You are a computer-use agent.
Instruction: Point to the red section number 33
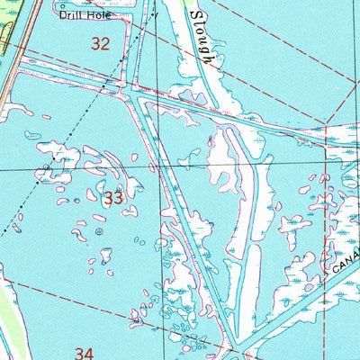click(112, 199)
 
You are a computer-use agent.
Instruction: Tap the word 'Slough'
click(203, 40)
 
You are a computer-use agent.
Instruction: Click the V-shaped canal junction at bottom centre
click(231, 346)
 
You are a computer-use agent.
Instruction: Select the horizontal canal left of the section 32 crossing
click(72, 79)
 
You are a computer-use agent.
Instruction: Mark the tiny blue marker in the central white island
click(211, 141)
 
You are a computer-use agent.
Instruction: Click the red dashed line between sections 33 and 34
click(72, 306)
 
